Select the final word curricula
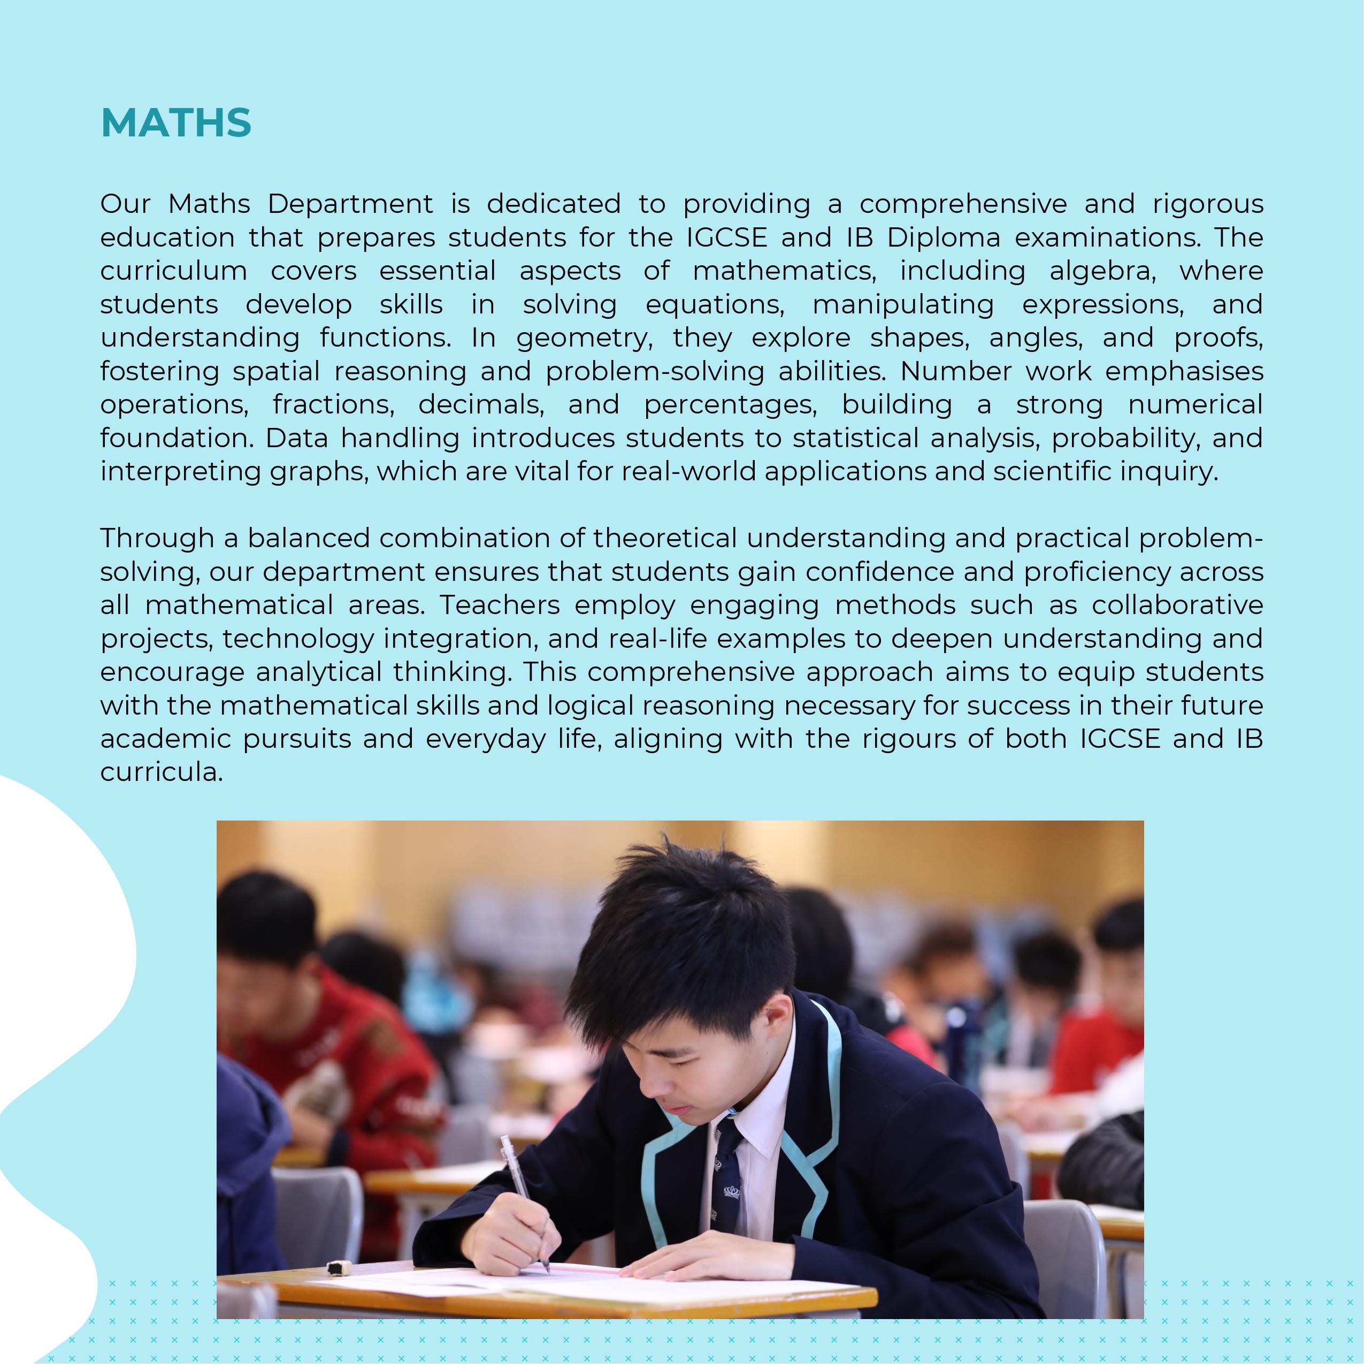(x=162, y=772)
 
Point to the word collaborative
(x=1177, y=605)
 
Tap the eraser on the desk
(x=340, y=1268)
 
